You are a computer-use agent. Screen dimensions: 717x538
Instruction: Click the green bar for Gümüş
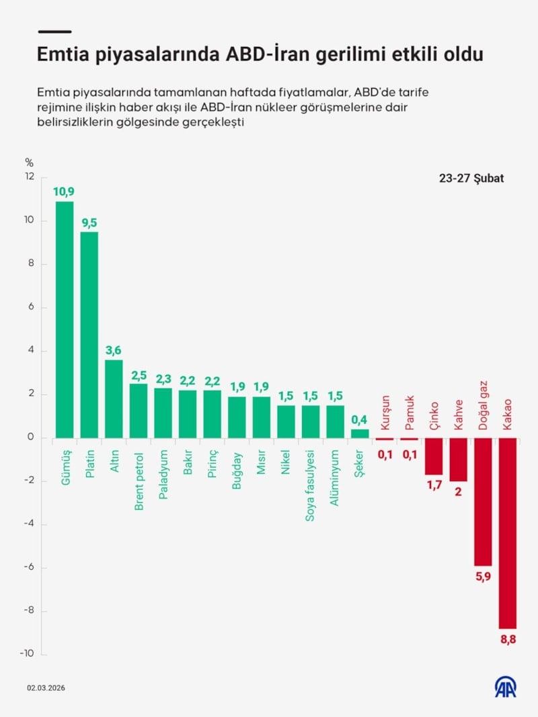[x=65, y=320]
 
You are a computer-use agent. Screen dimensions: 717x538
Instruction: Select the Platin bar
[x=89, y=335]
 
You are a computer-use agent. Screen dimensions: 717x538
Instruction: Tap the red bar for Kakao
[x=507, y=533]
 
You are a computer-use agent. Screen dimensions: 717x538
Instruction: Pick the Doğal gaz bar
[x=483, y=501]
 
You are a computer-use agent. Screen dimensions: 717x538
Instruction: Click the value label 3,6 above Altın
[x=114, y=350]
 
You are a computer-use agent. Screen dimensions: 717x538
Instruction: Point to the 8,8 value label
[x=508, y=639]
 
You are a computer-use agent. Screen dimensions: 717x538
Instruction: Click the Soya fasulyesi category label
[x=311, y=483]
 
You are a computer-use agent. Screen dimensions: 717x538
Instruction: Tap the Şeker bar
[x=360, y=433]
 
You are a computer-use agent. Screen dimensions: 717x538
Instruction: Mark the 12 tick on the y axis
[x=28, y=177]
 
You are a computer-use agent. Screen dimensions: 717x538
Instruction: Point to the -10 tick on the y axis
[x=26, y=654]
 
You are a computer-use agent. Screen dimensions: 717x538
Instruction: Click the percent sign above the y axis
[x=29, y=162]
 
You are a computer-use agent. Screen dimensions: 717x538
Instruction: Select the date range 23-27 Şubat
[x=471, y=179]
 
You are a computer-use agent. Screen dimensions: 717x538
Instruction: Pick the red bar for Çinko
[x=434, y=456]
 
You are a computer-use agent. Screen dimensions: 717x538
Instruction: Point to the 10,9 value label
[x=65, y=192]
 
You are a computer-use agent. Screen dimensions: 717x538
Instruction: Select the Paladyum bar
[x=163, y=413]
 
